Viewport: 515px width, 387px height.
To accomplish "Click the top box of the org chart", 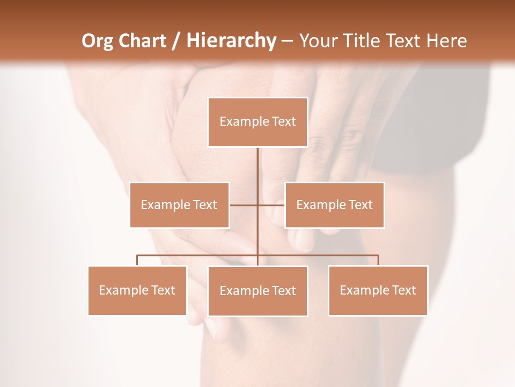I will (x=257, y=122).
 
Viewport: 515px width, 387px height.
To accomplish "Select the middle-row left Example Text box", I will (x=179, y=205).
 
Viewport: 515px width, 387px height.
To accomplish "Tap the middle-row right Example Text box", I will (x=334, y=205).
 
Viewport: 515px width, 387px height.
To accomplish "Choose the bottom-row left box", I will (x=137, y=290).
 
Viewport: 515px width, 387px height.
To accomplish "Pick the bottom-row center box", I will (x=257, y=291).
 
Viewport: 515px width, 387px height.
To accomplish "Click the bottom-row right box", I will (x=378, y=290).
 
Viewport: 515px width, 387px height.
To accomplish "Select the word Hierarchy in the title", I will (x=231, y=41).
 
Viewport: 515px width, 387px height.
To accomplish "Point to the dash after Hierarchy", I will (x=287, y=41).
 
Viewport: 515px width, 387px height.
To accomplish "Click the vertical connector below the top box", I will (x=257, y=172).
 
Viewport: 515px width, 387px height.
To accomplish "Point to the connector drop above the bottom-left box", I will (x=137, y=260).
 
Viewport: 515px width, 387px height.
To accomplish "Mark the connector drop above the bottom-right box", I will (x=378, y=260).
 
